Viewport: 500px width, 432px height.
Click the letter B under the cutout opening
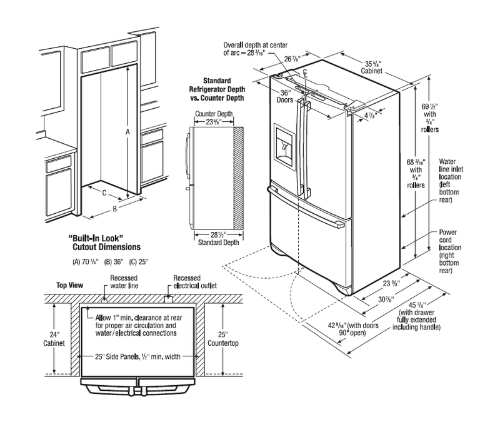[114, 209]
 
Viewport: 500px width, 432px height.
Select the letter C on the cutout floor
[104, 193]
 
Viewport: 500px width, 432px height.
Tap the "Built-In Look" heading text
[103, 238]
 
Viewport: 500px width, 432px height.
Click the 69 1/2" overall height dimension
[428, 114]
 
